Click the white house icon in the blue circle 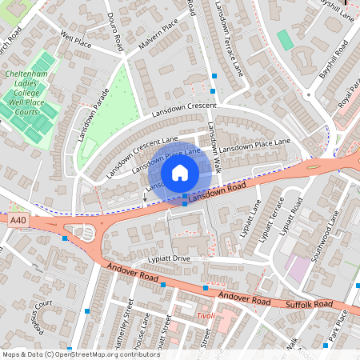click(x=180, y=172)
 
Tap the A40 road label click(x=17, y=218)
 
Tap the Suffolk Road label click(x=308, y=305)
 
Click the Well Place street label click(x=76, y=38)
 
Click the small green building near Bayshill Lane click(x=285, y=39)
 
